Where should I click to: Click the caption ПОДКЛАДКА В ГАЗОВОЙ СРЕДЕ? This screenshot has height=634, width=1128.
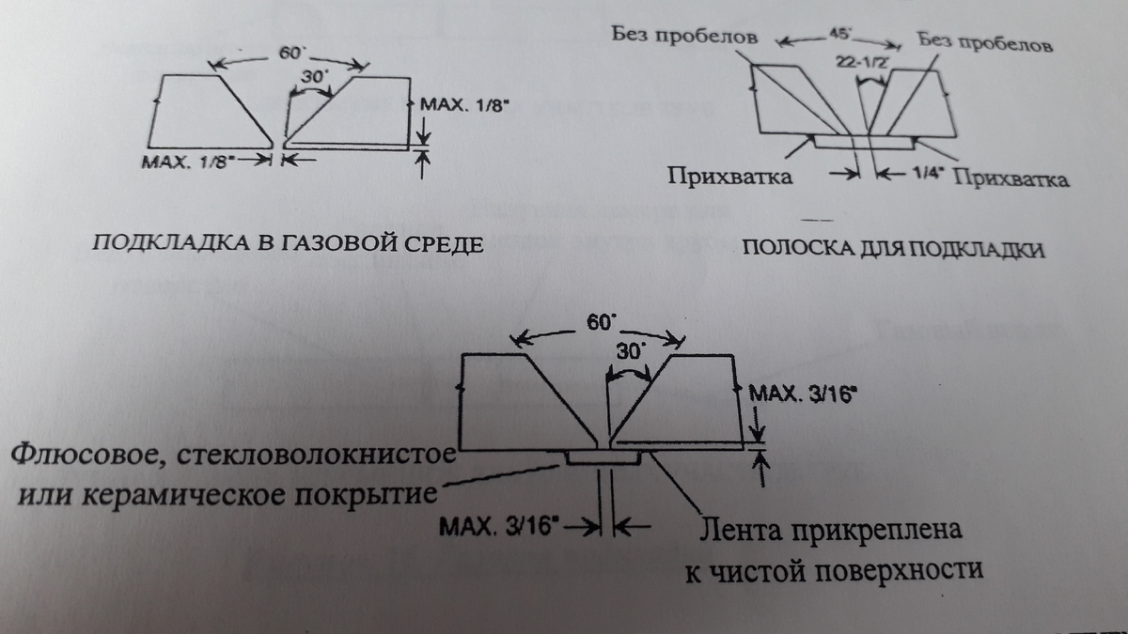click(286, 245)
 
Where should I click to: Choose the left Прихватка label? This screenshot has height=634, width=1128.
click(728, 176)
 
